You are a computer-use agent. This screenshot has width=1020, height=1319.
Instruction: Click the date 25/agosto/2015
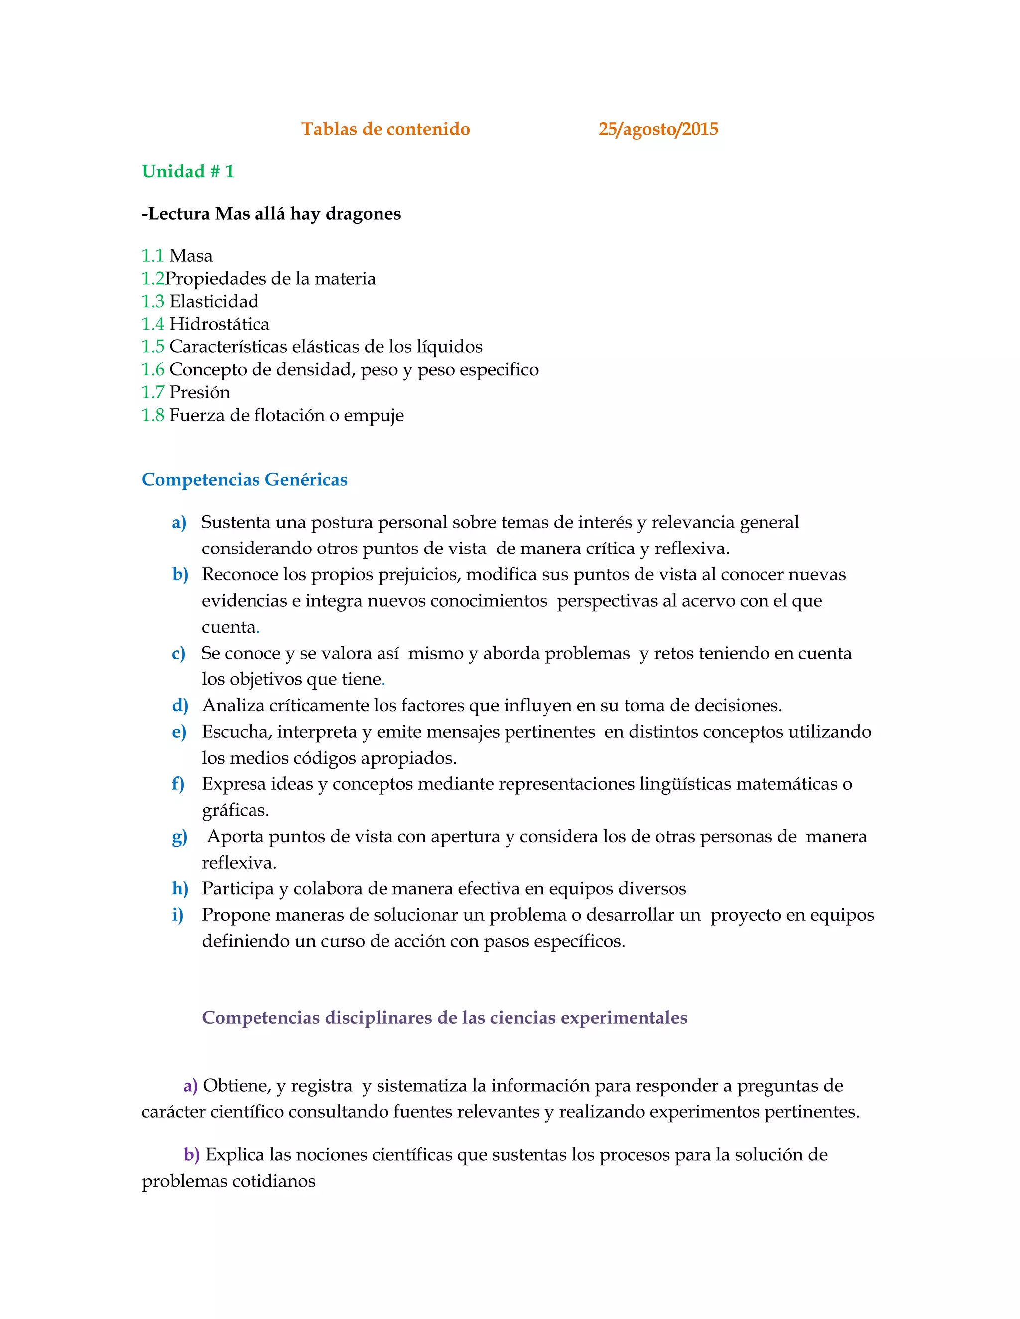tap(657, 129)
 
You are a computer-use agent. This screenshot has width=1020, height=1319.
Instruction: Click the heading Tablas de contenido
tap(385, 129)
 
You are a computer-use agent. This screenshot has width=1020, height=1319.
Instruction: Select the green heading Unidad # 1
tap(187, 172)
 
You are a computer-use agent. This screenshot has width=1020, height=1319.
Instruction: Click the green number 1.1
tap(152, 256)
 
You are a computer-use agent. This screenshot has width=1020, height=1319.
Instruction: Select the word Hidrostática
tap(219, 325)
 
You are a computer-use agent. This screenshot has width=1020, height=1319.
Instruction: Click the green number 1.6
tap(152, 370)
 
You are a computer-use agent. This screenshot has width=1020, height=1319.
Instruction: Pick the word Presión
tap(199, 393)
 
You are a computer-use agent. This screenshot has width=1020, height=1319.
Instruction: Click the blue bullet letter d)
tap(179, 705)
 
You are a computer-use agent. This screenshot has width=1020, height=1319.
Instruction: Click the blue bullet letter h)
tap(179, 889)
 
